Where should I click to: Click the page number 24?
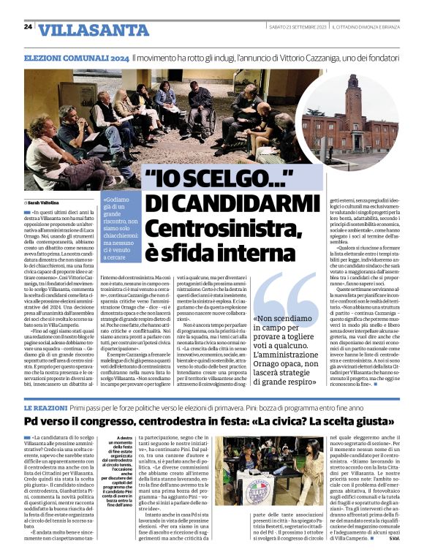(x=28, y=26)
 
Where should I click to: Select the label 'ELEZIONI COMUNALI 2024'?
(x=76, y=58)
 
